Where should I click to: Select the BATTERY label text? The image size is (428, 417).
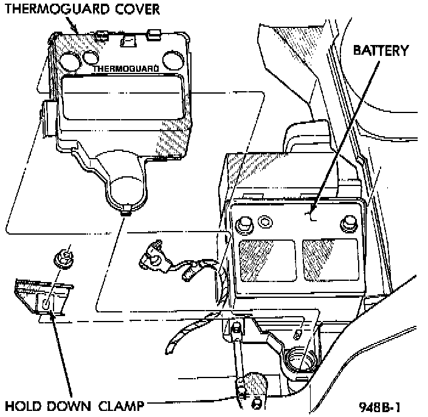[x=381, y=50]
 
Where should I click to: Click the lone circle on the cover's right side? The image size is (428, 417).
[x=173, y=61]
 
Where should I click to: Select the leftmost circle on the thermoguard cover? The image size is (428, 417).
[x=71, y=60]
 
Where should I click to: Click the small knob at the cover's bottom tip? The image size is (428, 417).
[x=126, y=210]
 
